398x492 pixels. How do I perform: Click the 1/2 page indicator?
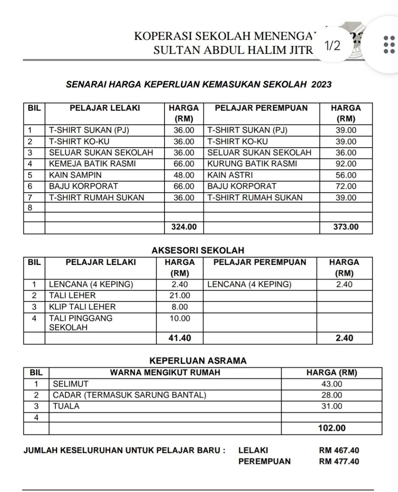click(x=332, y=46)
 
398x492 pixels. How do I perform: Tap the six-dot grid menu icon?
click(x=389, y=45)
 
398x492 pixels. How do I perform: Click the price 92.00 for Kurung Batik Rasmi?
click(x=346, y=164)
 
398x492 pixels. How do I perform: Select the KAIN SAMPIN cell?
click(x=75, y=175)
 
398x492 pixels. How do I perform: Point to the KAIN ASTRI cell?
click(x=230, y=175)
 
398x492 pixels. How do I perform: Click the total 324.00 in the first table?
click(x=184, y=227)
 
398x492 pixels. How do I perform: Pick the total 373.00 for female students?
click(x=346, y=227)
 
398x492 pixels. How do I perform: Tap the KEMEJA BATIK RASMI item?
click(x=93, y=164)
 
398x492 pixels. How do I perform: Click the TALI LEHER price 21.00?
click(x=180, y=296)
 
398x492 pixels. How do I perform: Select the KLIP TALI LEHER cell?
click(x=82, y=307)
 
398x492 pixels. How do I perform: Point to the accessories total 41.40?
click(x=180, y=338)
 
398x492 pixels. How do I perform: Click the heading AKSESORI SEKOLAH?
click(x=198, y=251)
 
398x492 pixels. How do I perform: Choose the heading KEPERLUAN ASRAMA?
click(x=198, y=361)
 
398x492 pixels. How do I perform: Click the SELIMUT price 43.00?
click(x=332, y=384)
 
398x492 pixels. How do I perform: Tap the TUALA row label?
click(x=66, y=406)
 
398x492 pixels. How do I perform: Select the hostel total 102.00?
click(x=332, y=428)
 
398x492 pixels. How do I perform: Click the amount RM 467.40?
click(x=339, y=450)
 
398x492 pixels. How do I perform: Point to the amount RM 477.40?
click(x=339, y=462)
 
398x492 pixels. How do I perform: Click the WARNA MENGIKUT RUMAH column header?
click(x=165, y=372)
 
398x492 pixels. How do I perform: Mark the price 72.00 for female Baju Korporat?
click(x=346, y=186)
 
